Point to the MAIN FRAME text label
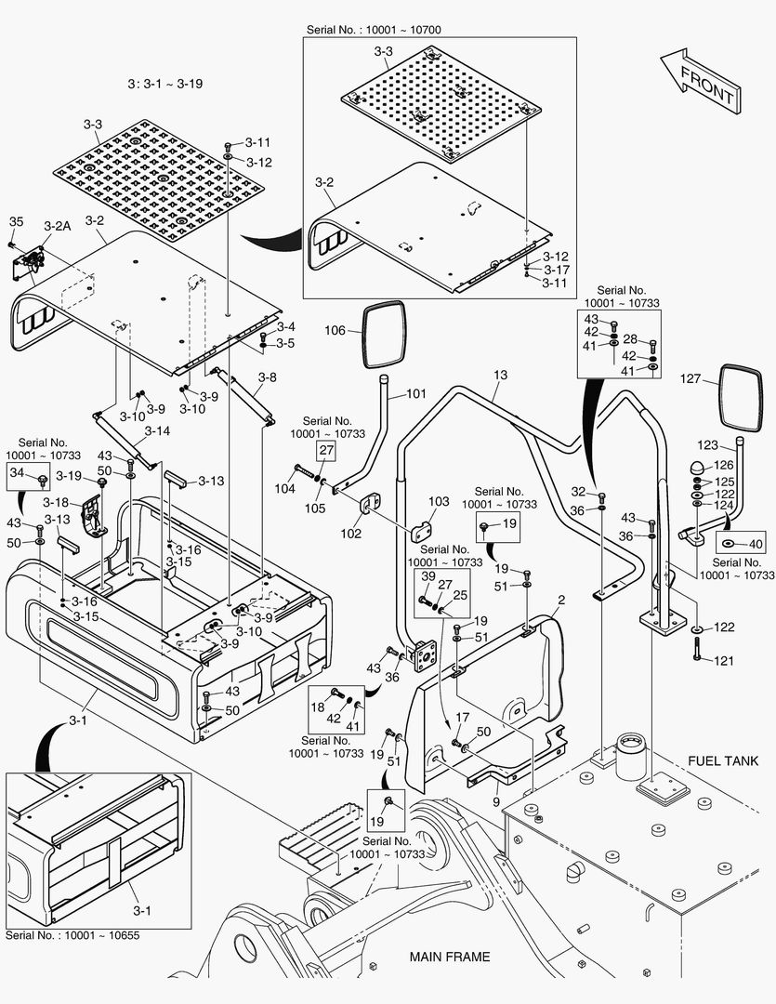click(450, 957)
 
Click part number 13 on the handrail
click(501, 375)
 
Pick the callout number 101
click(415, 393)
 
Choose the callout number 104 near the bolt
click(283, 488)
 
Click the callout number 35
click(16, 221)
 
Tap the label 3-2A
click(58, 226)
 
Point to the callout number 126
click(724, 466)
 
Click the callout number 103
click(439, 502)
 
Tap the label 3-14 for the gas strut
click(157, 431)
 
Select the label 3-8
click(268, 377)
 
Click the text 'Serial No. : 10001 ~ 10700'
click(374, 30)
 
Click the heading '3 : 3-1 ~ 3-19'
click(165, 84)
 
